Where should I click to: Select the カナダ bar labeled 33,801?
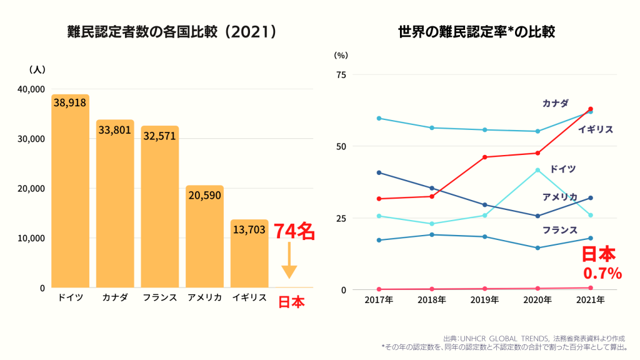click(x=115, y=203)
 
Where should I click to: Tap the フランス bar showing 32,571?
click(x=159, y=206)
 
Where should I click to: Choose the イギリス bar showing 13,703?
click(x=249, y=253)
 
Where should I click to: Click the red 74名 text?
click(x=294, y=231)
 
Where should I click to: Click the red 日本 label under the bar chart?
click(x=291, y=302)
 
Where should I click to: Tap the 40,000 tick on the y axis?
click(x=31, y=89)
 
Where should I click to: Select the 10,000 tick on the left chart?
click(x=31, y=238)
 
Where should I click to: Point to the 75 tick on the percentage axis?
click(x=341, y=75)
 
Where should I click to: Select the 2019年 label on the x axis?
click(x=484, y=300)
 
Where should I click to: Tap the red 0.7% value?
click(x=602, y=273)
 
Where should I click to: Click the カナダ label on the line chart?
click(x=555, y=103)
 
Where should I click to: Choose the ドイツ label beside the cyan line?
click(x=562, y=169)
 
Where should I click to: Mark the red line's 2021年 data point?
click(x=590, y=109)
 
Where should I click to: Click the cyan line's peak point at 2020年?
click(x=537, y=170)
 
